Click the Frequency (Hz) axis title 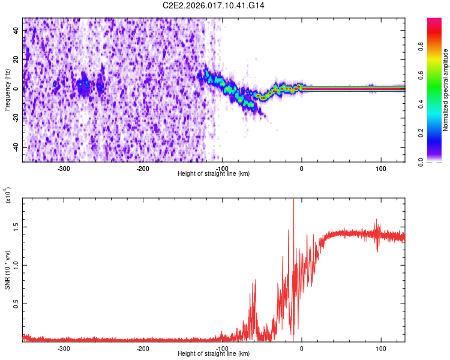tap(7, 90)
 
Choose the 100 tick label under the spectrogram tap(380, 168)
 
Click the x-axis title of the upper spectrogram tap(214, 174)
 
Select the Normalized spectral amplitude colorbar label tap(446, 90)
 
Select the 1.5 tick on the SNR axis tap(16, 226)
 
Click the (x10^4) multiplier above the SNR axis tap(8, 196)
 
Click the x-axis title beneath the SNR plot tap(214, 354)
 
